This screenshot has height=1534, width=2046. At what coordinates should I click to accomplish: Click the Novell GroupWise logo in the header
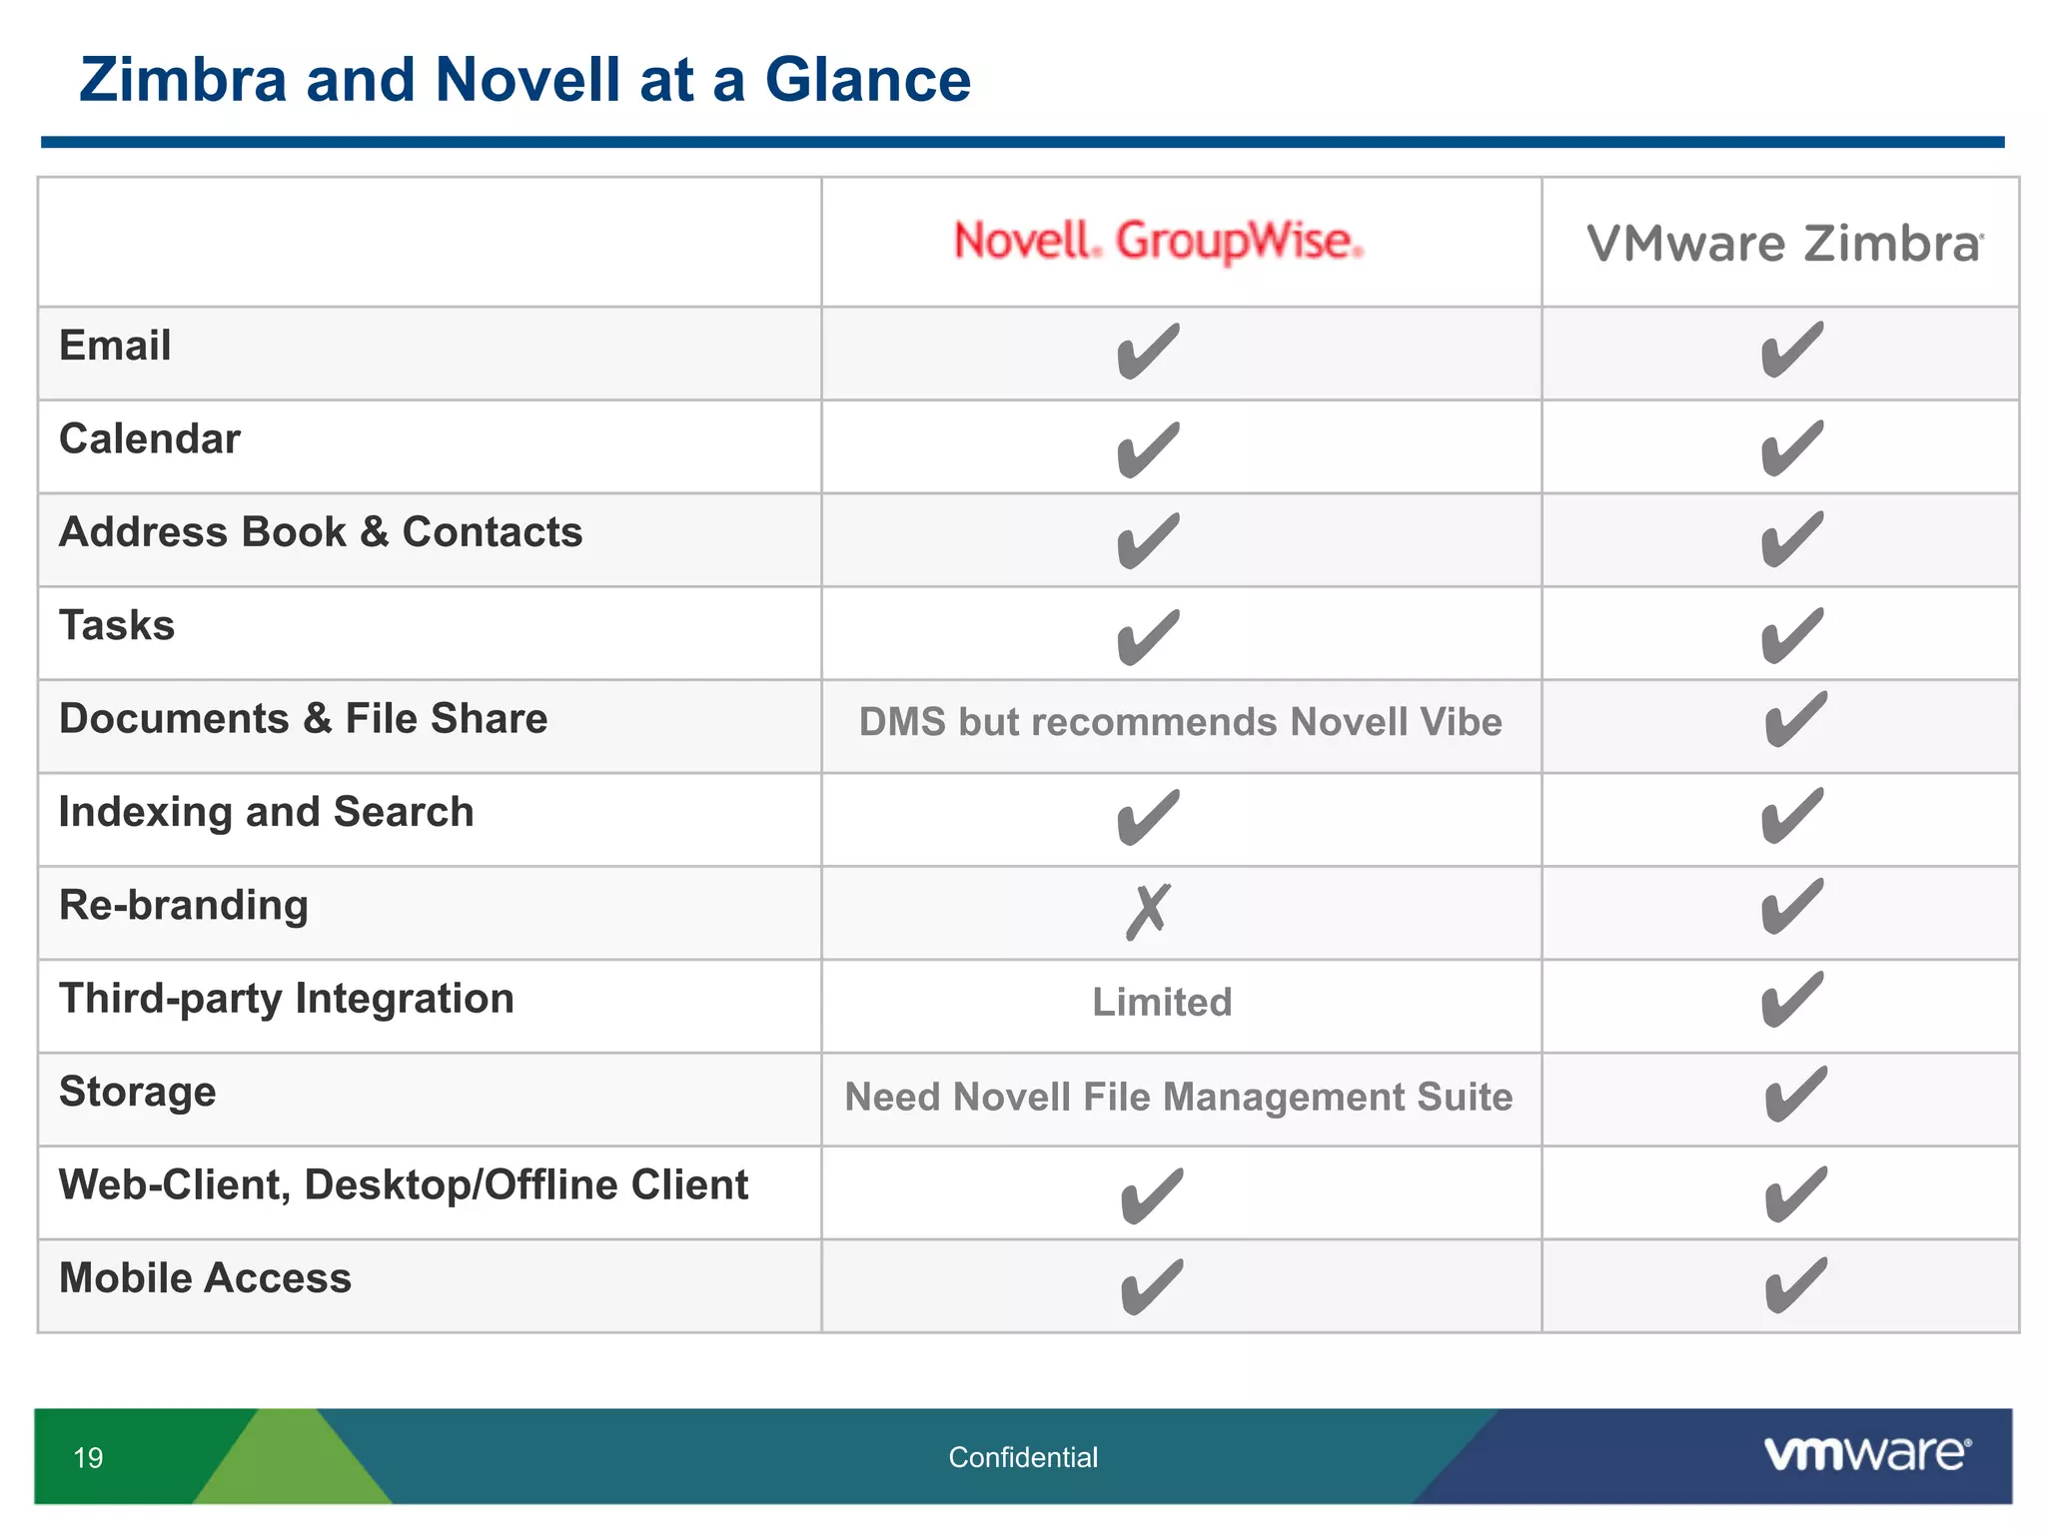[1158, 242]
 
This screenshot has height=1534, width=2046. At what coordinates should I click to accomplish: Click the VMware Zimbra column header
[1784, 244]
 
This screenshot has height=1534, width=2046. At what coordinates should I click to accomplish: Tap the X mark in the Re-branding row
[1148, 911]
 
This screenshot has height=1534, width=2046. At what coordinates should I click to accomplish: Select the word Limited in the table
[1162, 1002]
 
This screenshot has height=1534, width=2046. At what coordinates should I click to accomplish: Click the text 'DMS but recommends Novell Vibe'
[1180, 722]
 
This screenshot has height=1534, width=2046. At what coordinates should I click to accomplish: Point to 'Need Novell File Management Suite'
[1179, 1097]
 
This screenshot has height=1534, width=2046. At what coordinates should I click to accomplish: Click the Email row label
[115, 346]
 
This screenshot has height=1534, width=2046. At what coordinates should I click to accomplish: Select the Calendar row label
[150, 439]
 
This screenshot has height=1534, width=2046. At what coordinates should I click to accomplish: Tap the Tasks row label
[117, 626]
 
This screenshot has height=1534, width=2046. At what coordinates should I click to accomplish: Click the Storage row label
[138, 1092]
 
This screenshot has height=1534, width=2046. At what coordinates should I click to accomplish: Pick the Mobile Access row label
[205, 1278]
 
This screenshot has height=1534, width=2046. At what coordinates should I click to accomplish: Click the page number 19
[88, 1458]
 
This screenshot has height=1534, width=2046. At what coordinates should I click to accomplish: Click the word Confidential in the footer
[1023, 1458]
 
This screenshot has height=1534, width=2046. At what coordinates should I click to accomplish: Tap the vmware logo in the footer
[1867, 1454]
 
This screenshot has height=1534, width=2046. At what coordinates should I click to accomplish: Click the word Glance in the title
[867, 80]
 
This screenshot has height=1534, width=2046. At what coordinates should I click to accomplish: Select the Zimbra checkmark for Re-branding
[1792, 907]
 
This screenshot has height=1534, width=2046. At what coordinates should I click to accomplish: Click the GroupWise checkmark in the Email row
[1148, 352]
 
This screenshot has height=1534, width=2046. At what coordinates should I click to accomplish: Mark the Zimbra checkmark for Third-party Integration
[1792, 1000]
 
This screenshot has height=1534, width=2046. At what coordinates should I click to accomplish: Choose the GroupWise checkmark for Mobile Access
[1152, 1286]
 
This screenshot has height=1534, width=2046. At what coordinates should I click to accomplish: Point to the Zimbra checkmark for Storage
[1795, 1094]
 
